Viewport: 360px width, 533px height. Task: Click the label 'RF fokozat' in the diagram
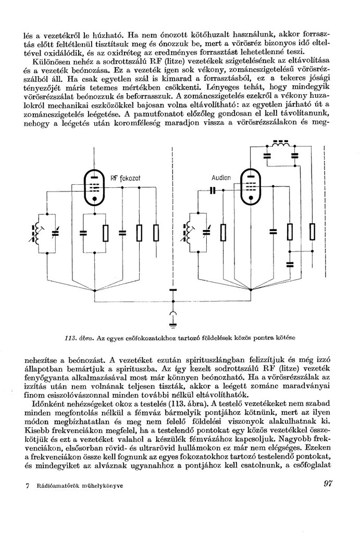pyautogui.click(x=126, y=178)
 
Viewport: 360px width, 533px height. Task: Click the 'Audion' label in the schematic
pyautogui.click(x=221, y=177)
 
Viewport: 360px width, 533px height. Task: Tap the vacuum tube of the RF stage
pyautogui.click(x=94, y=187)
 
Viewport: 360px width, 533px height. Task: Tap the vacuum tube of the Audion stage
pyautogui.click(x=251, y=186)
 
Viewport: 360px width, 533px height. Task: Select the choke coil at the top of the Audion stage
pyautogui.click(x=281, y=144)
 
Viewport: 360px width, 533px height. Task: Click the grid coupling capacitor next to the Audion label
pyautogui.click(x=212, y=191)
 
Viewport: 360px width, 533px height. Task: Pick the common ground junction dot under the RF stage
pyautogui.click(x=95, y=290)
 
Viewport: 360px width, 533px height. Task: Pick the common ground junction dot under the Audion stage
pyautogui.click(x=252, y=290)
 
